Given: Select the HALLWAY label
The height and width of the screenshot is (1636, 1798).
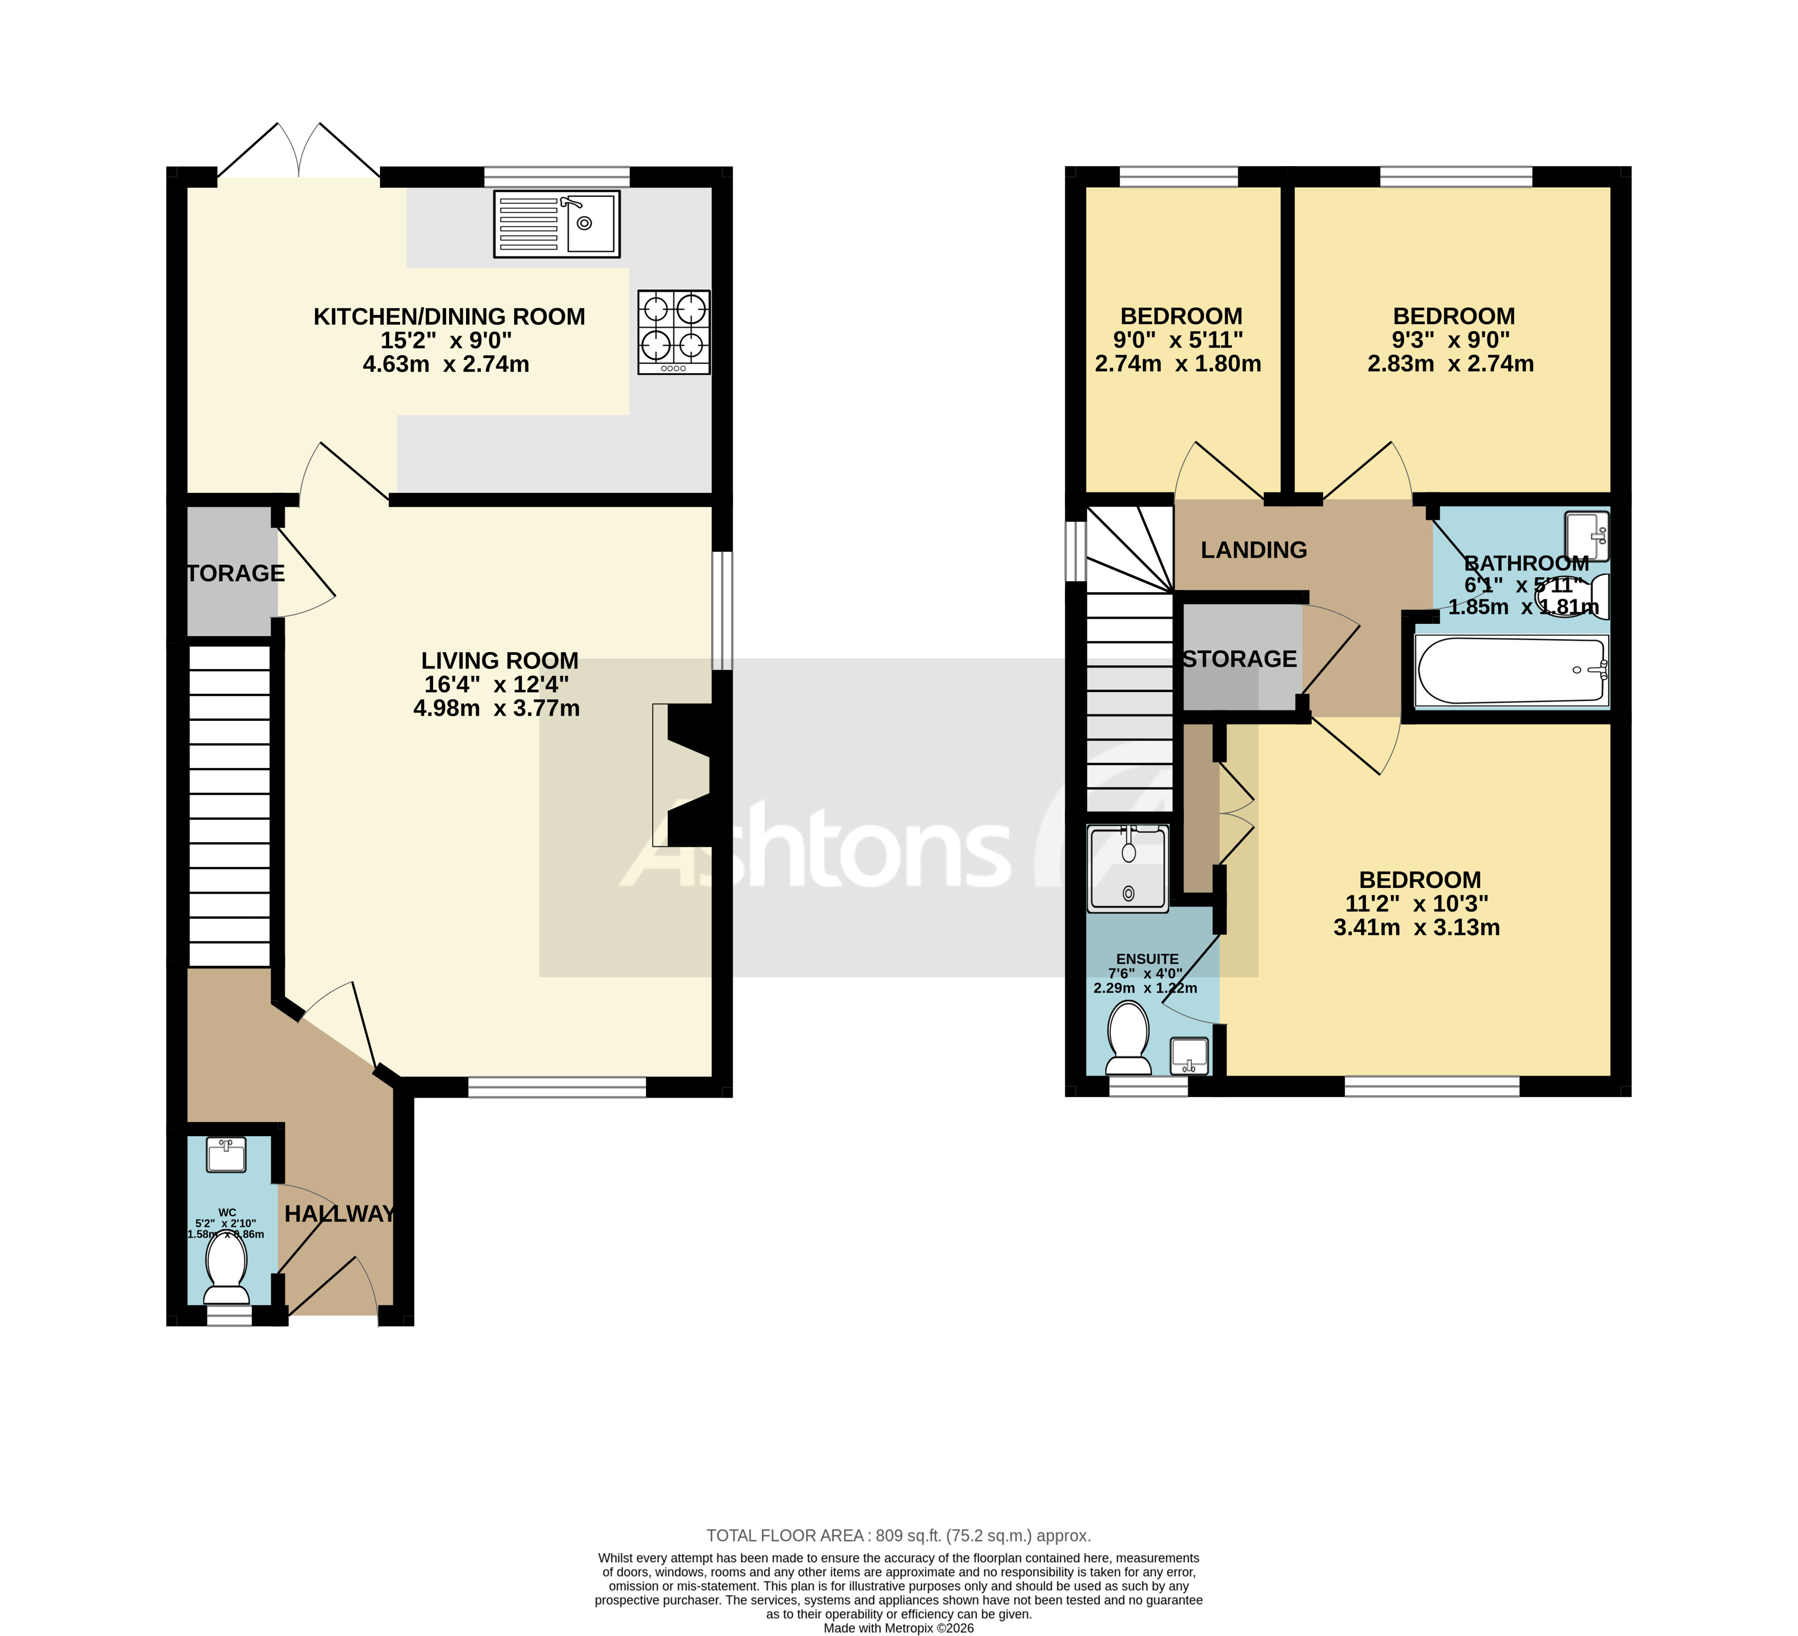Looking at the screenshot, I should pyautogui.click(x=340, y=1214).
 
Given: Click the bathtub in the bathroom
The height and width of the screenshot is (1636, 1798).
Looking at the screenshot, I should pyautogui.click(x=1511, y=671).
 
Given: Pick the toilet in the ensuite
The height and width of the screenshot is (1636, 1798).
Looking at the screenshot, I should pyautogui.click(x=1128, y=1038).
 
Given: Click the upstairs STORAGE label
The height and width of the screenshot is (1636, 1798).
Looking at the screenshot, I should pyautogui.click(x=1240, y=659).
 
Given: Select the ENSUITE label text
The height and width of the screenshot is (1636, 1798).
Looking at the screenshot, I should pyautogui.click(x=1147, y=959).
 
